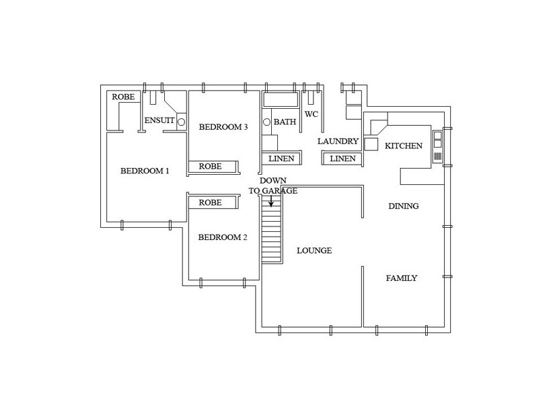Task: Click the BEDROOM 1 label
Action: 144,171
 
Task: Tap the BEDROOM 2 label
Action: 223,237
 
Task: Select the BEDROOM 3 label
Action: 223,127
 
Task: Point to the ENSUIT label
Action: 159,120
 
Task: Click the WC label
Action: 311,114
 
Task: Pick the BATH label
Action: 285,122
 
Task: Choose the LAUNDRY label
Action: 338,141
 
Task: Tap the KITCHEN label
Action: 403,146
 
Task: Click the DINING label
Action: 403,206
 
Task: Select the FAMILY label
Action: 401,278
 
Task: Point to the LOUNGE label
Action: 314,250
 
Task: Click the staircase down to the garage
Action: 271,229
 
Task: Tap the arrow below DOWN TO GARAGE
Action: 271,201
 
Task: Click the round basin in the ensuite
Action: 181,122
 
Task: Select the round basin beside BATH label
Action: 266,122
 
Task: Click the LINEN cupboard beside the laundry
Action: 343,158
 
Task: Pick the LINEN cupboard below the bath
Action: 281,158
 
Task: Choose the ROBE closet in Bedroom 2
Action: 213,202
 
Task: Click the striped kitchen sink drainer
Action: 437,156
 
